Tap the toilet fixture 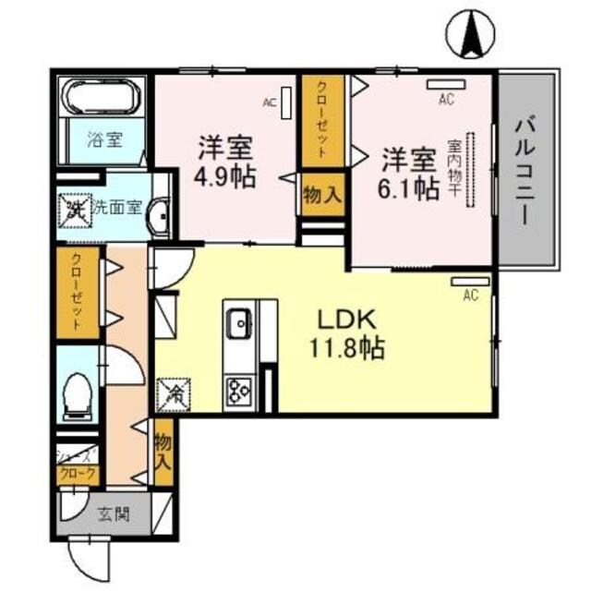pyautogui.click(x=77, y=392)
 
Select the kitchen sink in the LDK pyautogui.click(x=238, y=323)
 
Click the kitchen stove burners pyautogui.click(x=239, y=391)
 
